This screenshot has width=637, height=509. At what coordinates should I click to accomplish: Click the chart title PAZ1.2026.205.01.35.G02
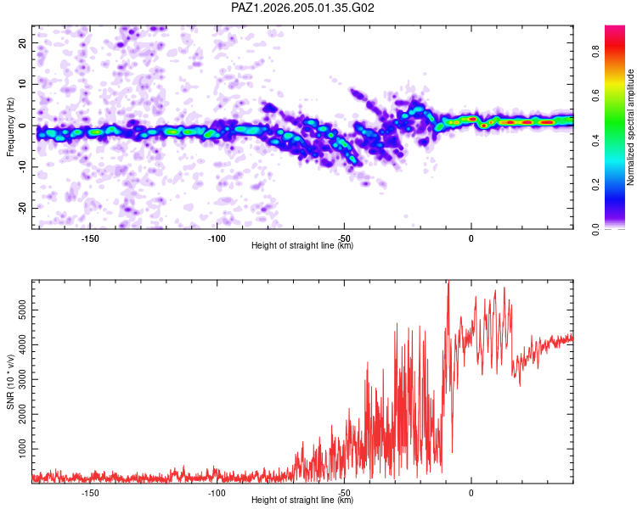302,8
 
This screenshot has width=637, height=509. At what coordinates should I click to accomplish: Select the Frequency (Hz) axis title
10,127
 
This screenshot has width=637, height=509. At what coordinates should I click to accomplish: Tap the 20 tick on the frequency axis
23,42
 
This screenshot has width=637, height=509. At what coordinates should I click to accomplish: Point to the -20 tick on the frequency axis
23,209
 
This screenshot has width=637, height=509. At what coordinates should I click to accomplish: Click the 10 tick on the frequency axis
23,84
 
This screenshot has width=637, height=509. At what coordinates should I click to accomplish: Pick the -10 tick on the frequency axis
23,167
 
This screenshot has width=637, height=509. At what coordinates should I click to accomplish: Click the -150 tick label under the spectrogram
90,238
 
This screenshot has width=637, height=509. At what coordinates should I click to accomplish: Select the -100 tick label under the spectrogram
217,238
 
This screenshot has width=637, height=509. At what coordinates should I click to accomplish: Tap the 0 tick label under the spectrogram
471,238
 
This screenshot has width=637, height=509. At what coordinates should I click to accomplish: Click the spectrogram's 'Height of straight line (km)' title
302,245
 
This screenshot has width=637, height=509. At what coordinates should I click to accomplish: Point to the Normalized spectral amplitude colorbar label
630,127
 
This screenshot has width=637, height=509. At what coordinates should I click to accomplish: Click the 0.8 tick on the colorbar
595,52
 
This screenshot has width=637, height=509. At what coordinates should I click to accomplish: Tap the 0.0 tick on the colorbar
595,229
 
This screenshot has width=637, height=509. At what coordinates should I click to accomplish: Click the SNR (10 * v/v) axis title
10,382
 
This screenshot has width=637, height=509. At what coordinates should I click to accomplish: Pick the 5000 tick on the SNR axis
23,310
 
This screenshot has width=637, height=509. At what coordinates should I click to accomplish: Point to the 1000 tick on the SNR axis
23,449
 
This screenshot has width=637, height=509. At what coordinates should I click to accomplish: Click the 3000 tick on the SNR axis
23,379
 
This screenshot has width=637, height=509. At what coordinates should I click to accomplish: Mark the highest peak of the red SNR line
448,282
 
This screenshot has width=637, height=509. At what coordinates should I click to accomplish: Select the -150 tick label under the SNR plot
90,493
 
